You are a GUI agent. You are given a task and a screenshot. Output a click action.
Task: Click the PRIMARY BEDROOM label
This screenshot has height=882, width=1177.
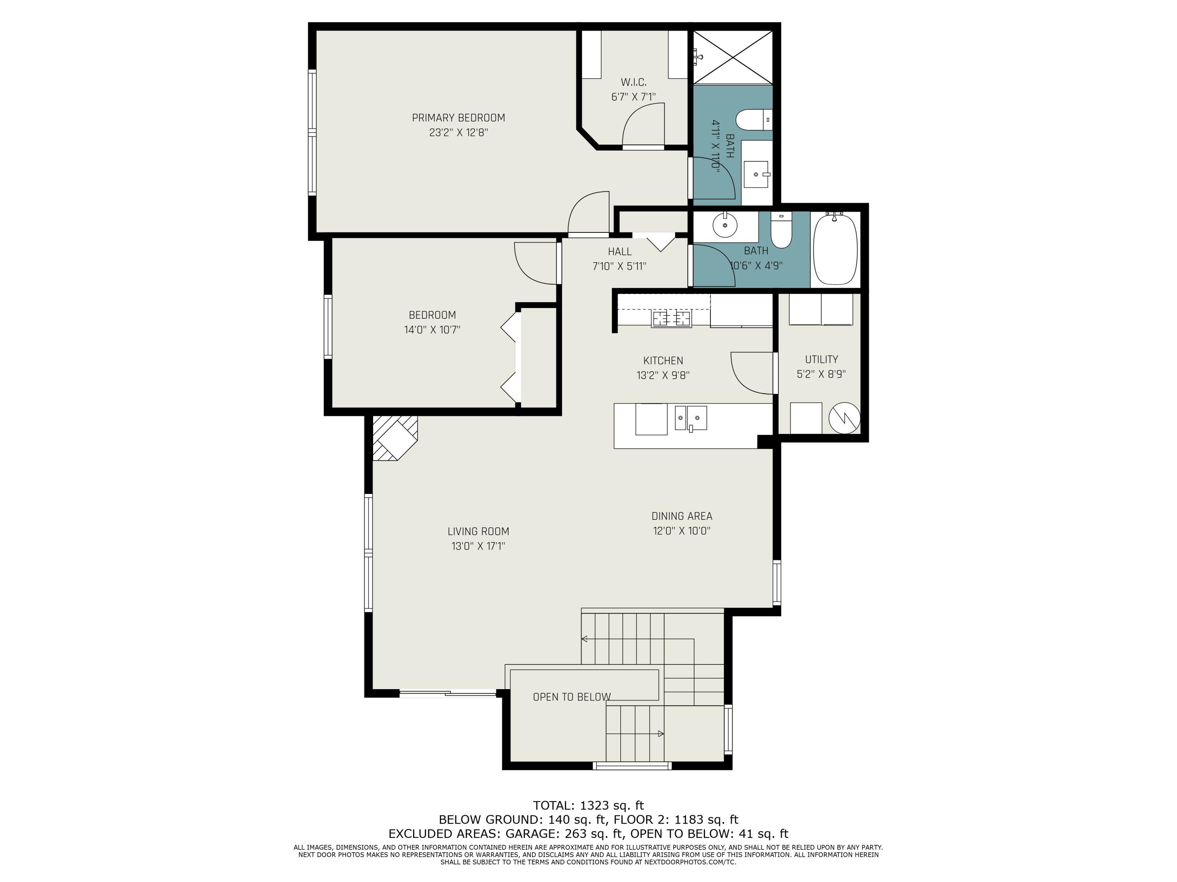(458, 118)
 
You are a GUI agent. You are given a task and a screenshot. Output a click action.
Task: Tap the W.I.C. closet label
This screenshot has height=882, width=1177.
(633, 82)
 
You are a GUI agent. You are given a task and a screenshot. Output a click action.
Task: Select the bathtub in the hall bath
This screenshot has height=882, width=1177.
(835, 250)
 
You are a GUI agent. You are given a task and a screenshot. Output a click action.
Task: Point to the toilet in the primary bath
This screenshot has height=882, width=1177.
(754, 120)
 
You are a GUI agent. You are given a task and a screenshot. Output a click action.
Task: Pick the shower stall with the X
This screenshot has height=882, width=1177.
(733, 57)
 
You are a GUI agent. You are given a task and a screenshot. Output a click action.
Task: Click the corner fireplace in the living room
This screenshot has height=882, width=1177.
(395, 437)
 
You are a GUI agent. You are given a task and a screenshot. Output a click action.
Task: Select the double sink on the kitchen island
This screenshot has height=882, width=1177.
(691, 418)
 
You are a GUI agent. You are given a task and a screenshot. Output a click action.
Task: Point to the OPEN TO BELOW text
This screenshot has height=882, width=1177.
(572, 697)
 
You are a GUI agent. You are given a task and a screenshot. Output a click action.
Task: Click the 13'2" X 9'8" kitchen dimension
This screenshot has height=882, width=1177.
(663, 375)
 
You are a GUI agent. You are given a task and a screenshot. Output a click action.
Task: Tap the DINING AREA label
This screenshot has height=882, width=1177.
(681, 516)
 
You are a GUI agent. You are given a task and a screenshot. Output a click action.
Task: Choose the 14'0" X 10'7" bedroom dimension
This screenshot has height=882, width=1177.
(432, 330)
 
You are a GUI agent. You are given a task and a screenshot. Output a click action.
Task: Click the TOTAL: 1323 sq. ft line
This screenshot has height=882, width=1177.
(588, 806)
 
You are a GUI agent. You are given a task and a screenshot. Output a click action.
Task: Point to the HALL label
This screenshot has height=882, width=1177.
(619, 252)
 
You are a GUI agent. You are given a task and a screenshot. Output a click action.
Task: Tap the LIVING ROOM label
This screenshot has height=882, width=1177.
(478, 531)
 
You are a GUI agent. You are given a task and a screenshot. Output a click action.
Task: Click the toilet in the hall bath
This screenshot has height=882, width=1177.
(781, 230)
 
